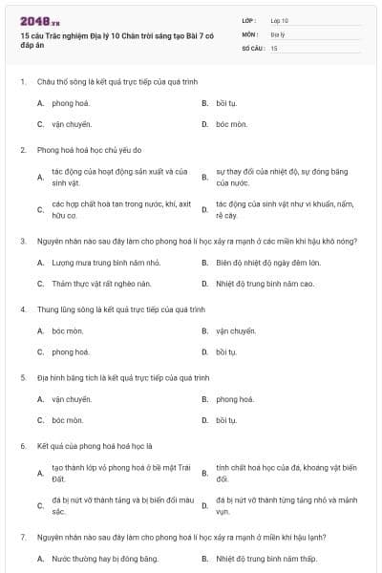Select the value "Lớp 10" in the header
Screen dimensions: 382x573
(279, 19)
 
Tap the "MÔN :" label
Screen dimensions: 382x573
(249, 33)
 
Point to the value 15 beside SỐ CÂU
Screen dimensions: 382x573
(274, 47)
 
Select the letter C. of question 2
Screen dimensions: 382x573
(40, 210)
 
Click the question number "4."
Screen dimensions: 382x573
(22, 309)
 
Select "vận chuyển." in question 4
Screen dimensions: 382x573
(236, 330)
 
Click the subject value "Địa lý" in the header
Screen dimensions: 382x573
(278, 33)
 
